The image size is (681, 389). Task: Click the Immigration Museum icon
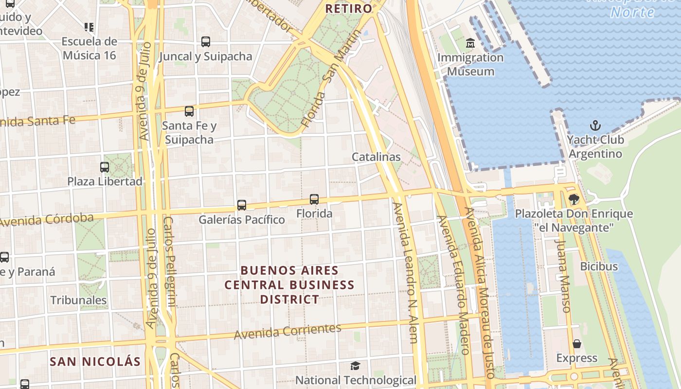(x=470, y=44)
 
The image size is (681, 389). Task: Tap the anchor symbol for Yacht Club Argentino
(x=595, y=126)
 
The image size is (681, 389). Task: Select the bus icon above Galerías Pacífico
(x=242, y=205)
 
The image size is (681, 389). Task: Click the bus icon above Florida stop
(x=314, y=199)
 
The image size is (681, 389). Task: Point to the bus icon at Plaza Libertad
(x=105, y=167)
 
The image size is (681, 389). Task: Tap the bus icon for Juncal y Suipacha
(x=206, y=42)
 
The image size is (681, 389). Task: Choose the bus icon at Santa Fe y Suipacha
(x=189, y=111)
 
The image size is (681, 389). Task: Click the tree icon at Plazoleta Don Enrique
(x=574, y=199)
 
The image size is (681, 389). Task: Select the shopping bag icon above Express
(x=577, y=344)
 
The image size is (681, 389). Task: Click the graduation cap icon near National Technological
(x=356, y=366)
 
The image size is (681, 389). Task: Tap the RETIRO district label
(x=348, y=9)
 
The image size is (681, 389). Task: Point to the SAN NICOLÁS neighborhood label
(x=95, y=362)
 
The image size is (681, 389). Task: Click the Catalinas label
(x=376, y=157)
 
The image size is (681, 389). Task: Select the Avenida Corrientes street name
(x=287, y=332)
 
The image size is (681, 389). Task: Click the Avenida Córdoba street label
(x=47, y=220)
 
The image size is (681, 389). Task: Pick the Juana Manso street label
(x=562, y=275)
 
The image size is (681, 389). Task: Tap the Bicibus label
(x=599, y=266)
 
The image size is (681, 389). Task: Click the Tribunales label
(x=78, y=300)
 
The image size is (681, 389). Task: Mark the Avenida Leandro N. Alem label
(x=406, y=272)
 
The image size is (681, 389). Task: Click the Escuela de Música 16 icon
(x=89, y=27)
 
